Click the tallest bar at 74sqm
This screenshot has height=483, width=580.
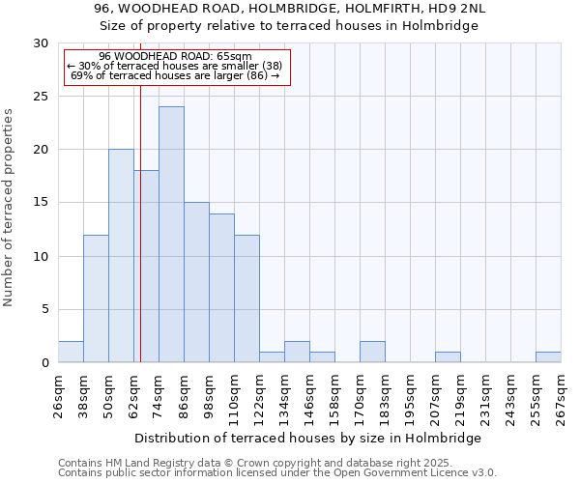171,235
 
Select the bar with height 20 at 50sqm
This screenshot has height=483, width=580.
121,256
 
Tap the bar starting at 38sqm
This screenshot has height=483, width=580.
96,298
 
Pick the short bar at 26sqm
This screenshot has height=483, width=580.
71,352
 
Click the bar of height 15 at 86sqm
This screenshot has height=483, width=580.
196,282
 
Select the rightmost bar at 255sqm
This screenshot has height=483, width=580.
548,356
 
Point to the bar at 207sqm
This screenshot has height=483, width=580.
448,356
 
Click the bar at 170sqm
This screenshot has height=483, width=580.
372,352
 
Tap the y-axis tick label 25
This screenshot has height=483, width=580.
41,97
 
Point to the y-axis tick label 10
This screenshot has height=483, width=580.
41,256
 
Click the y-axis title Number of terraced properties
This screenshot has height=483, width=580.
9,207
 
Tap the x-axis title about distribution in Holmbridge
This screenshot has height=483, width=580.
307,438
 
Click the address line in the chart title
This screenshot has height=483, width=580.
290,9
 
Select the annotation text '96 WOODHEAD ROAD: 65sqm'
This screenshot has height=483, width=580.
175,56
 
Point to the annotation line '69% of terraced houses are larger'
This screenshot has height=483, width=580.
175,76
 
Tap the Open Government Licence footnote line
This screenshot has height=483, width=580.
276,473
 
